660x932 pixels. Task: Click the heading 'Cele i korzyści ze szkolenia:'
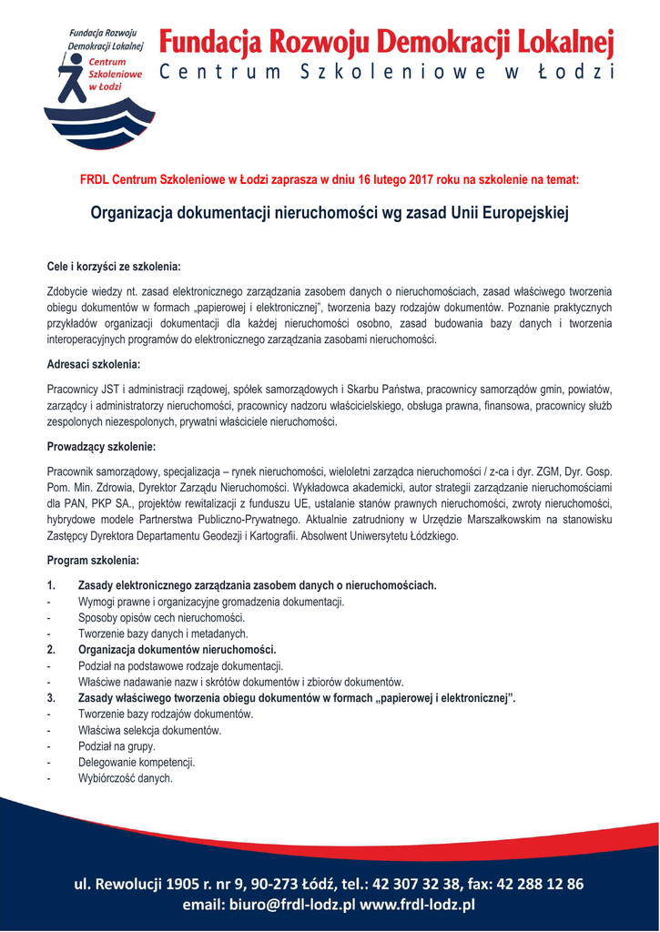click(114, 267)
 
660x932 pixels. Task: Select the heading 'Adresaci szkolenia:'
click(93, 364)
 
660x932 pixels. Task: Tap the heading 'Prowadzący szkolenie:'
click(101, 447)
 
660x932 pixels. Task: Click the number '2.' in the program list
click(52, 650)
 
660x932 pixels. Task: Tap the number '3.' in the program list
click(52, 698)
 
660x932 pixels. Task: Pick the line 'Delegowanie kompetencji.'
click(137, 763)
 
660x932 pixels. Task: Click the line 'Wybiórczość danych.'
click(125, 779)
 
